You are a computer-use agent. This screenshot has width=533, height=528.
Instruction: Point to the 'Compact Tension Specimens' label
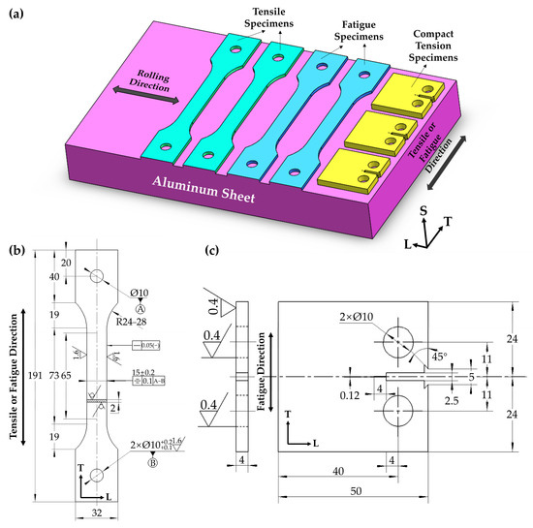(431, 40)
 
